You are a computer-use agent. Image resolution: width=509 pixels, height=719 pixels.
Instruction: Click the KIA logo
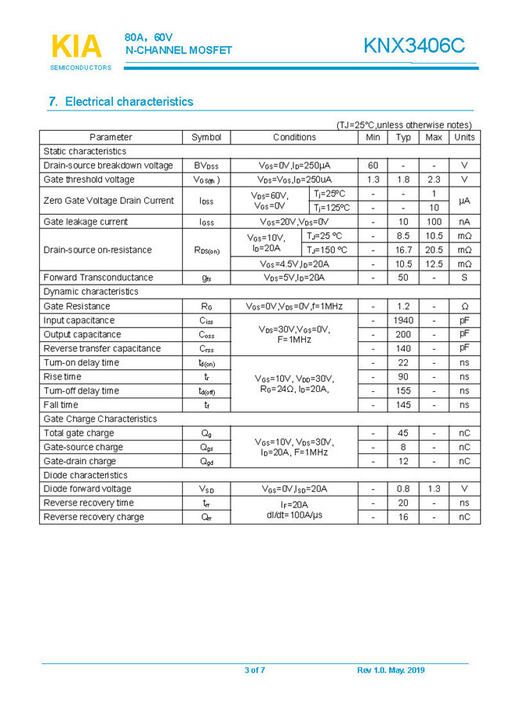pos(77,48)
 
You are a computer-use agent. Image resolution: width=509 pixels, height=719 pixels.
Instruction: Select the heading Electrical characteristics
pos(121,102)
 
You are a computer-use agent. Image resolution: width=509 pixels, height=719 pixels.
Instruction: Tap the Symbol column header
pos(206,137)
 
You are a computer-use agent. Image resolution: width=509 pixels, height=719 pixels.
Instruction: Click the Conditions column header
pos(294,137)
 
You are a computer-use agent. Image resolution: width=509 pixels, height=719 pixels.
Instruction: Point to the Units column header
pos(464,137)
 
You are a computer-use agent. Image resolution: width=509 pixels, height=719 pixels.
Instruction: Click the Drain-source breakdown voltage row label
pos(108,165)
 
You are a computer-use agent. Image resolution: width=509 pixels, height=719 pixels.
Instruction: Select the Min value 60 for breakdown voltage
pos(373,165)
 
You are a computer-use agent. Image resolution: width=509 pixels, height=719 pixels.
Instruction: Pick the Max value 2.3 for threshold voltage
pos(433,180)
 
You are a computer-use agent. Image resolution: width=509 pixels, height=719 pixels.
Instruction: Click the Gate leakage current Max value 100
pos(433,222)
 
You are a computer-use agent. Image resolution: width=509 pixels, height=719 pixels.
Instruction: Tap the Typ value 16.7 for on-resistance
pos(403,250)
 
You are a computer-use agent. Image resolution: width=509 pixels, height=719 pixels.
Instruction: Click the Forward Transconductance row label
pos(98,278)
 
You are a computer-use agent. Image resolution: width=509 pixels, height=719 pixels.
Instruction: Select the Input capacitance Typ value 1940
pos(403,321)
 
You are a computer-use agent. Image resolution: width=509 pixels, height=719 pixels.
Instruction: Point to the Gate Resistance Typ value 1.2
pos(403,307)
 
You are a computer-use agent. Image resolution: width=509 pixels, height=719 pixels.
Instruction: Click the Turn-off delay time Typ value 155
pos(403,391)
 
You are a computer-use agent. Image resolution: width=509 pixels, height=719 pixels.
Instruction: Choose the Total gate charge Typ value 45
pos(403,434)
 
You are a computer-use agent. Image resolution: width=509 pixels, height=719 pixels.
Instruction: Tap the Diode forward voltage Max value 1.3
pos(433,489)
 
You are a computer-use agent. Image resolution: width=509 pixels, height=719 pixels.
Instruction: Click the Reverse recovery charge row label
pos(93,517)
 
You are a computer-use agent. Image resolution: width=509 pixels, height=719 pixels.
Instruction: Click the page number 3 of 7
pos(255,670)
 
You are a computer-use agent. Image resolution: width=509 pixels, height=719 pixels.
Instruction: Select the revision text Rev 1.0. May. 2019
pos(391,670)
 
